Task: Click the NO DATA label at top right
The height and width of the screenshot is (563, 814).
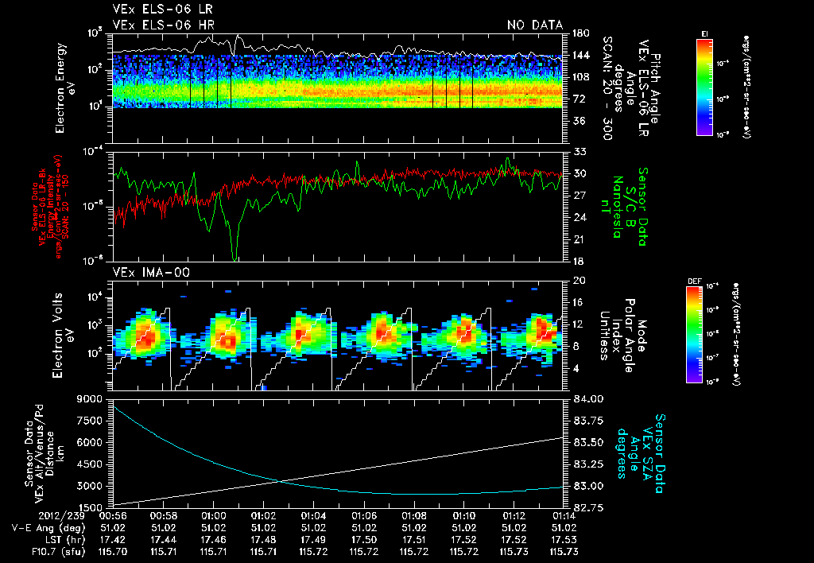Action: tap(535, 25)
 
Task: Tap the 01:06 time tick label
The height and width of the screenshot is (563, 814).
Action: tap(364, 515)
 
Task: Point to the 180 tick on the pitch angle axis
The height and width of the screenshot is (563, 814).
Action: tap(578, 33)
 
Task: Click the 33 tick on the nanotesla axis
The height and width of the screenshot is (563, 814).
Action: tap(576, 151)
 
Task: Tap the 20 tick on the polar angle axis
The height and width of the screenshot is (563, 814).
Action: tap(576, 281)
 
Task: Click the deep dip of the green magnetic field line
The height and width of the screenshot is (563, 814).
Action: tap(235, 257)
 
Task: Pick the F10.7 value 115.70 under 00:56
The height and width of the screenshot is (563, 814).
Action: tap(112, 550)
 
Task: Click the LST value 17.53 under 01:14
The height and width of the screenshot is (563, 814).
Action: tap(564, 538)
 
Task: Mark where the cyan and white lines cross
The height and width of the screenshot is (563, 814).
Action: tap(280, 480)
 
